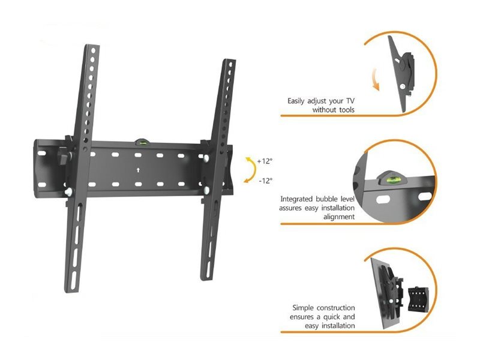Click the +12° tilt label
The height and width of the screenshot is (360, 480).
point(265,161)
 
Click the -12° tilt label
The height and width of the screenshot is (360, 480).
point(266,181)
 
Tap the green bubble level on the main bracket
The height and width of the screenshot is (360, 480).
point(142,142)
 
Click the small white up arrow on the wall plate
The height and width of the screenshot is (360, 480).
point(138,170)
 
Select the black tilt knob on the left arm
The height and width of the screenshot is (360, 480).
point(64,155)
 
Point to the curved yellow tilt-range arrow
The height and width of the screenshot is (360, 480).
point(252,170)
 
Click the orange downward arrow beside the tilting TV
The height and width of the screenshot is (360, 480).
point(376,80)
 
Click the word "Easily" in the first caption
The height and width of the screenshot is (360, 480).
point(296,101)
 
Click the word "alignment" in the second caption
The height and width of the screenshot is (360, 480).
point(339,217)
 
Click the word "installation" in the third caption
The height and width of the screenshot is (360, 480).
point(338,326)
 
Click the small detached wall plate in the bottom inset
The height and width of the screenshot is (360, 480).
point(418,298)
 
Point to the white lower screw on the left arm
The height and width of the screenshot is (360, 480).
point(68,191)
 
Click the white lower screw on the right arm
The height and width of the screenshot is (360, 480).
point(207,190)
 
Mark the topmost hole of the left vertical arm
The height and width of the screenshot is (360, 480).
point(94,50)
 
